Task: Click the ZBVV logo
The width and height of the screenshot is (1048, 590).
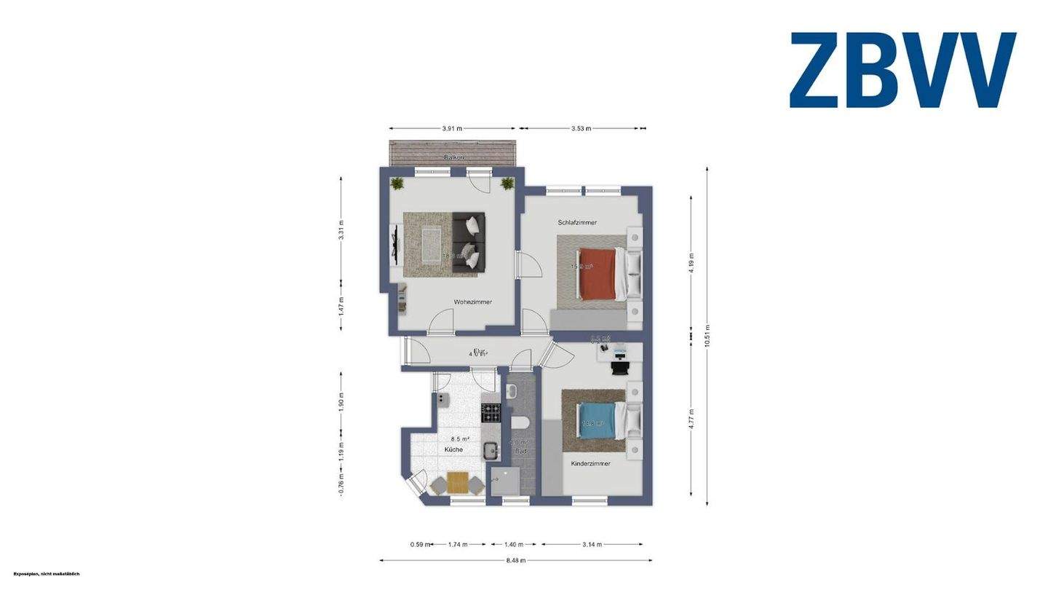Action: pos(902,71)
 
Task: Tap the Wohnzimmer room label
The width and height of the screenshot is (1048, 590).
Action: pos(473,302)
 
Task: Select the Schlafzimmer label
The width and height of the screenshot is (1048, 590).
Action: pos(578,222)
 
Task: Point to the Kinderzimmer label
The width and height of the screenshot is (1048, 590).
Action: pos(590,463)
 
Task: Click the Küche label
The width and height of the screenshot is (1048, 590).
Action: pos(453,450)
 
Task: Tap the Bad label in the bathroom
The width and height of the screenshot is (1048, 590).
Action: pos(521,452)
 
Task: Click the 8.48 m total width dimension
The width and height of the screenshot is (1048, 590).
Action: pos(517,561)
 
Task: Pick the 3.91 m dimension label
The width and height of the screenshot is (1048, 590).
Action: pos(452,128)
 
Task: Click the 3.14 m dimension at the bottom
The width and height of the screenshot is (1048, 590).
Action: pos(592,544)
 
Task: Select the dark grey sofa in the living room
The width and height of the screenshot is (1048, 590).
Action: pos(468,243)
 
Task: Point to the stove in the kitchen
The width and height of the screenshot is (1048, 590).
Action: pos(492,412)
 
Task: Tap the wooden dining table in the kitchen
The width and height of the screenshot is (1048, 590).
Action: pos(458,481)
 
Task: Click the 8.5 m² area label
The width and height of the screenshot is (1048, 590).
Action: pos(459,439)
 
